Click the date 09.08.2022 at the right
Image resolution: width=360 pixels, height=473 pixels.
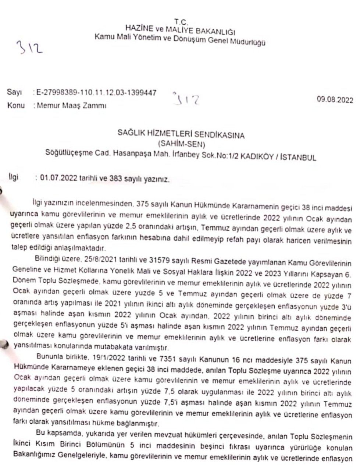tap(335, 100)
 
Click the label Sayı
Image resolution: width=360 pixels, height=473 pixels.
tap(14, 92)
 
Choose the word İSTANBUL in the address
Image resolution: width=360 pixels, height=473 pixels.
tap(298, 156)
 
